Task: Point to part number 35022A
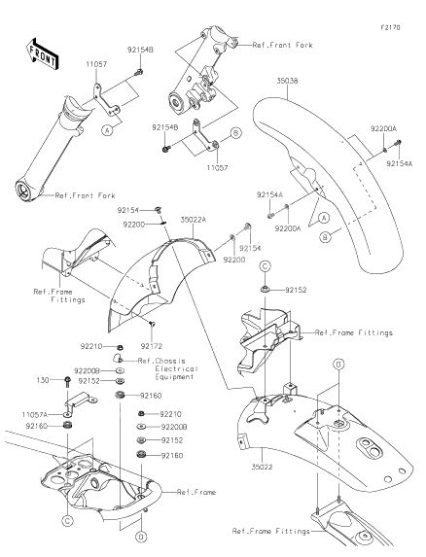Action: click(x=193, y=220)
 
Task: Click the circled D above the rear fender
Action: click(x=337, y=363)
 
